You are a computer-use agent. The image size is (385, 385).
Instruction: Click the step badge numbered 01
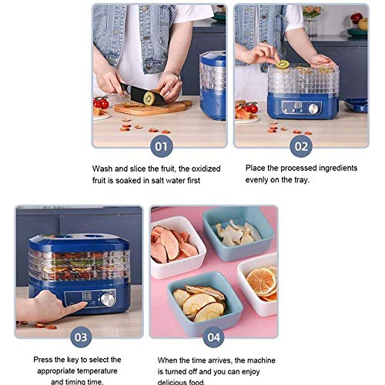160,145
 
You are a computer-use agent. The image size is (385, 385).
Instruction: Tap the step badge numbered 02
301,145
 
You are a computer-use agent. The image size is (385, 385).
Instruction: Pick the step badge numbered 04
213,337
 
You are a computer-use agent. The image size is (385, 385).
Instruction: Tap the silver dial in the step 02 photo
313,109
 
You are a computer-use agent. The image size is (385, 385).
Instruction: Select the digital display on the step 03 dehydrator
87,296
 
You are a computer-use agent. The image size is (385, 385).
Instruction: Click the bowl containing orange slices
259,279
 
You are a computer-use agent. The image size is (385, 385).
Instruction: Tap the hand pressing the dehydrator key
52,306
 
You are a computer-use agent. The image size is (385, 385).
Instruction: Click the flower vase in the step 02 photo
311,15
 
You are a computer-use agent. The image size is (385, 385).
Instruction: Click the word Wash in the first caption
105,167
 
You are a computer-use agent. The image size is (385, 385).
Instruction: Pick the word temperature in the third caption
77,370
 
